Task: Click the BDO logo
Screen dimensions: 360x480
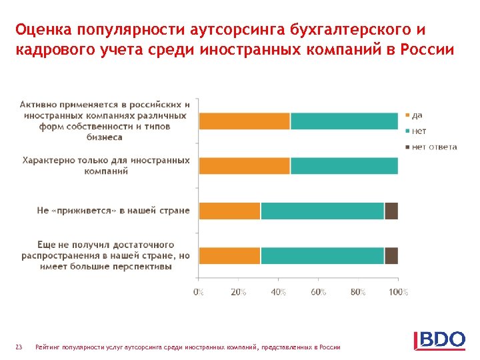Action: pos(440,339)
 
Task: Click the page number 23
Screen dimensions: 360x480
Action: pos(19,347)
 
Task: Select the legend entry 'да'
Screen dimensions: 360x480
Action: pos(417,115)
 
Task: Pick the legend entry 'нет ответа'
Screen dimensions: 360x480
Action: pos(434,147)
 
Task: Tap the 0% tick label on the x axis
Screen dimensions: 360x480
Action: pos(199,292)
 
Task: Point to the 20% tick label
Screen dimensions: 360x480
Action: pos(239,292)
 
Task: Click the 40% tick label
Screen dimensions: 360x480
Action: pos(279,292)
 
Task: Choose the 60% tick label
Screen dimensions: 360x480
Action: pos(319,292)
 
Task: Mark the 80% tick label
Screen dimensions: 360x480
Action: pos(358,292)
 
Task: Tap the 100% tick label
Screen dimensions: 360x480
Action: pos(398,292)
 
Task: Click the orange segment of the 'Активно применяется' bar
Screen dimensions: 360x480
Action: pos(245,121)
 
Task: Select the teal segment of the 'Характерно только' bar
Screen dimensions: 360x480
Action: pos(344,166)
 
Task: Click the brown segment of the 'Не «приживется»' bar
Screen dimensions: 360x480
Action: pos(391,211)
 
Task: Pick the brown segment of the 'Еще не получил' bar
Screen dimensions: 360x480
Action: pos(391,255)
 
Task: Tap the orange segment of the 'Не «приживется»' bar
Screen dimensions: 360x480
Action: pos(230,211)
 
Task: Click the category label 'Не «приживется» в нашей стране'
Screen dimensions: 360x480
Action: pos(113,211)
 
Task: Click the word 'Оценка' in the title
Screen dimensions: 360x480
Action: pos(44,30)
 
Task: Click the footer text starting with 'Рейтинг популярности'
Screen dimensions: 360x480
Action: pos(188,347)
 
